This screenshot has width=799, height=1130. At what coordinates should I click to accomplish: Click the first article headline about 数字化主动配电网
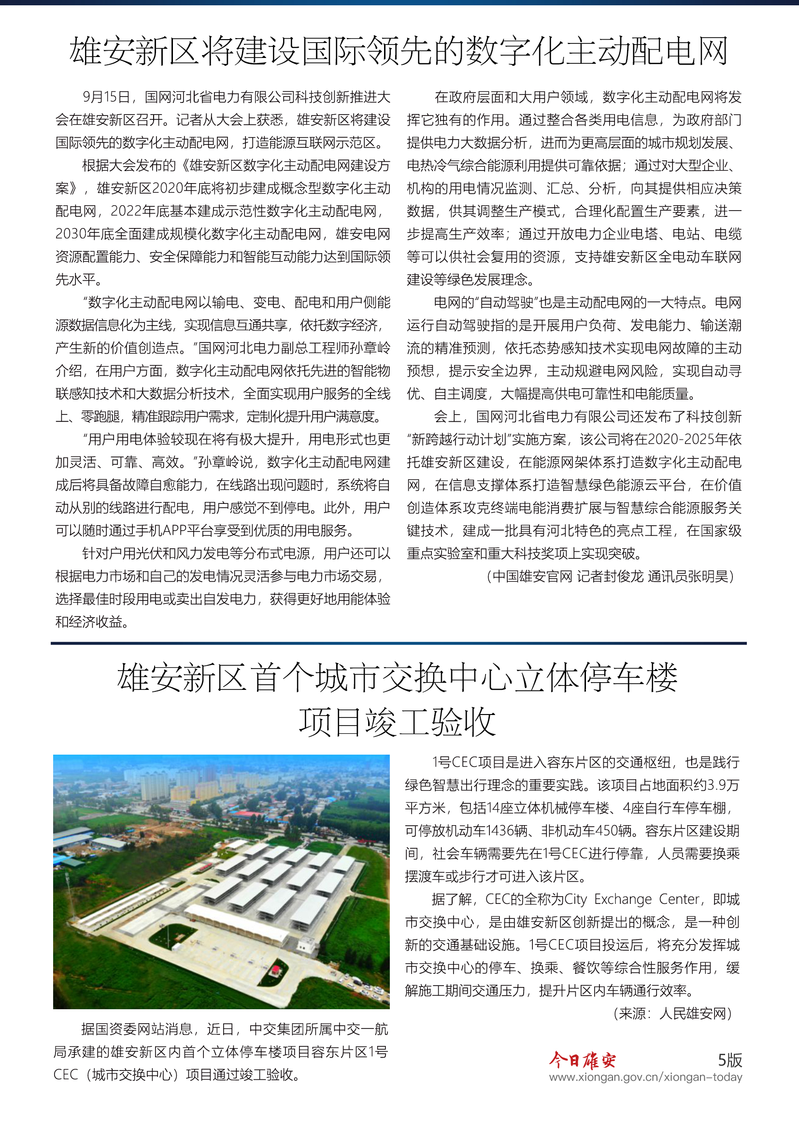[399, 51]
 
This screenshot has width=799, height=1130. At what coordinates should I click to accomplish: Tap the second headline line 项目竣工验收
[397, 722]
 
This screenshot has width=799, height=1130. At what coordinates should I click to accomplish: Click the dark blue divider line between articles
[399, 643]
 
